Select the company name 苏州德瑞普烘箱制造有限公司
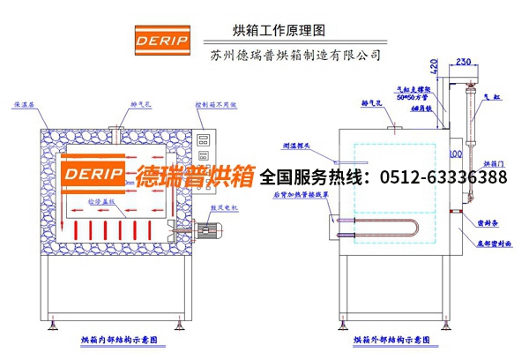(296, 55)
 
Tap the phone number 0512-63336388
(443, 178)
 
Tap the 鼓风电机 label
(224, 210)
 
